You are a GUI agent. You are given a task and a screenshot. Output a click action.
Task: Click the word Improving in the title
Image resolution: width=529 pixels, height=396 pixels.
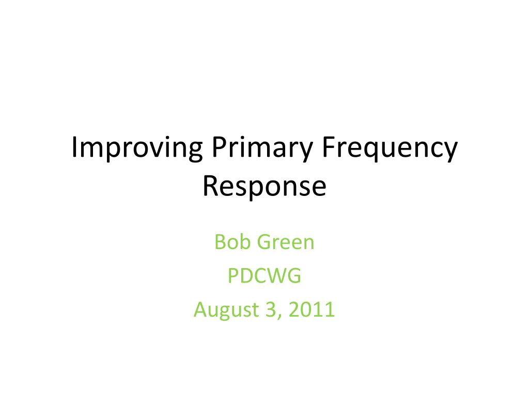pyautogui.click(x=137, y=149)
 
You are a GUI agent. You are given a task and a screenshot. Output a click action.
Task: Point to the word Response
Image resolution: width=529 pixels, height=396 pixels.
pyautogui.click(x=264, y=187)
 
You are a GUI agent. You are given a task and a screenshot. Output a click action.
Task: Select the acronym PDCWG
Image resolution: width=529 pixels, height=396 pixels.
pyautogui.click(x=264, y=276)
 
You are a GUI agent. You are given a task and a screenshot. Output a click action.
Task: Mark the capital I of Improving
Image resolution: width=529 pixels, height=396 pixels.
pyautogui.click(x=74, y=148)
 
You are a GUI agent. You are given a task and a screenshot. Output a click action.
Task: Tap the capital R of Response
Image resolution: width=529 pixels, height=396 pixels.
pyautogui.click(x=209, y=186)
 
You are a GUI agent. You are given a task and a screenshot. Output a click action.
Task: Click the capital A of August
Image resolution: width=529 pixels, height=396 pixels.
pyautogui.click(x=200, y=310)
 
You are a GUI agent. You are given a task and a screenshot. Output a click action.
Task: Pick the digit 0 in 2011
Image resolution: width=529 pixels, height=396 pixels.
pyautogui.click(x=307, y=310)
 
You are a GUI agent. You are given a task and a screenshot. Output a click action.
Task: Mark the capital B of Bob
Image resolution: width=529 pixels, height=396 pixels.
pyautogui.click(x=219, y=242)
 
